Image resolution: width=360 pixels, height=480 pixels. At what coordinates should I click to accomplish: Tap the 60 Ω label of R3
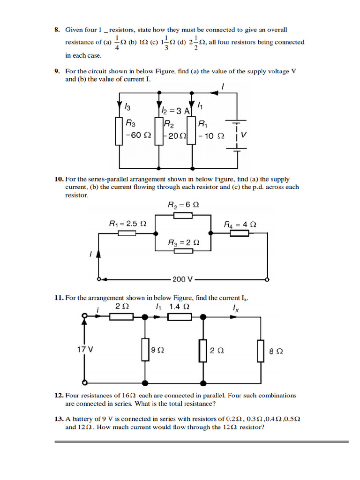coord(139,135)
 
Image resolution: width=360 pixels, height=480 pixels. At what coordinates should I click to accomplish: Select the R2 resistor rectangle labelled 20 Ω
coord(158,131)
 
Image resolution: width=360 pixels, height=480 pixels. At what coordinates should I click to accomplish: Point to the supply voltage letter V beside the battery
coord(244,135)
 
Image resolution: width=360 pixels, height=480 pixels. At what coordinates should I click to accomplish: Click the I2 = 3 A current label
coord(174,111)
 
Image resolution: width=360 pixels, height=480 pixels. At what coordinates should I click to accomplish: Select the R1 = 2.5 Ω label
coord(127,224)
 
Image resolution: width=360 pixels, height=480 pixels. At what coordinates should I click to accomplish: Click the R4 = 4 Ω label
coord(240,225)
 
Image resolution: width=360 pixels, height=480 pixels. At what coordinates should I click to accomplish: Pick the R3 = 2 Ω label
coord(183,243)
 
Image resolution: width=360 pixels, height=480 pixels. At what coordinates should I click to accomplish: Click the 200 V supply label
coord(183,279)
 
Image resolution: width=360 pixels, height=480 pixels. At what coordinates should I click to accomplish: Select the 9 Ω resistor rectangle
coord(145,350)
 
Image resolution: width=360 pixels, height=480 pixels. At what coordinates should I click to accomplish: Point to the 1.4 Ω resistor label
coord(180,307)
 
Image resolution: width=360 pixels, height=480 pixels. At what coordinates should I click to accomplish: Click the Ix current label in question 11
coord(235,308)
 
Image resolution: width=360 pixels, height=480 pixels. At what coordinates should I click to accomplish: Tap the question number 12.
coord(59,395)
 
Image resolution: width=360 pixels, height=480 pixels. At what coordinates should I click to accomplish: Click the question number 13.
coord(59,419)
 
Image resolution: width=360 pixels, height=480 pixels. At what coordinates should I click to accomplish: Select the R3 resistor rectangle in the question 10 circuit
coord(183,251)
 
